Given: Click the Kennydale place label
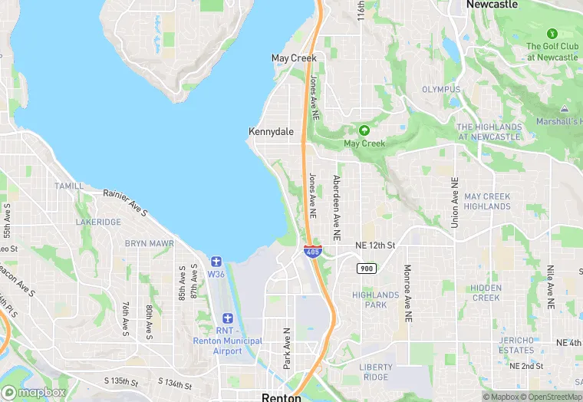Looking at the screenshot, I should pyautogui.click(x=271, y=132).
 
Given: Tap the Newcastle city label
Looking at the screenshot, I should pyautogui.click(x=492, y=5).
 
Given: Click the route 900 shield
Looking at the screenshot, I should pyautogui.click(x=365, y=267).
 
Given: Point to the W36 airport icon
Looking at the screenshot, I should pyautogui.click(x=216, y=262).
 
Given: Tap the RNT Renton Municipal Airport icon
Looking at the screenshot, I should pyautogui.click(x=227, y=318).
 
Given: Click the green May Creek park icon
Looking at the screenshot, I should pyautogui.click(x=364, y=130).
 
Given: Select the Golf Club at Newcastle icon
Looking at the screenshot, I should pyautogui.click(x=552, y=34).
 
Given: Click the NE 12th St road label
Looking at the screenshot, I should pyautogui.click(x=375, y=245).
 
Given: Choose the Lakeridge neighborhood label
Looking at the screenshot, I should pyautogui.click(x=98, y=222).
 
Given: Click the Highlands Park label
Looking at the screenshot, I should pyautogui.click(x=375, y=299).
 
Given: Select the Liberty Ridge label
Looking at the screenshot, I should pyautogui.click(x=375, y=372).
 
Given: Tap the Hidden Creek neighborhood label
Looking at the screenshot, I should pyautogui.click(x=486, y=292).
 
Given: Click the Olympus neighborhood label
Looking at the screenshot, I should pyautogui.click(x=441, y=90).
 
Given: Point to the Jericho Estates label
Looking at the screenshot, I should pyautogui.click(x=515, y=344).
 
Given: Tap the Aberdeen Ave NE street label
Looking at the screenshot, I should pyautogui.click(x=336, y=205).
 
